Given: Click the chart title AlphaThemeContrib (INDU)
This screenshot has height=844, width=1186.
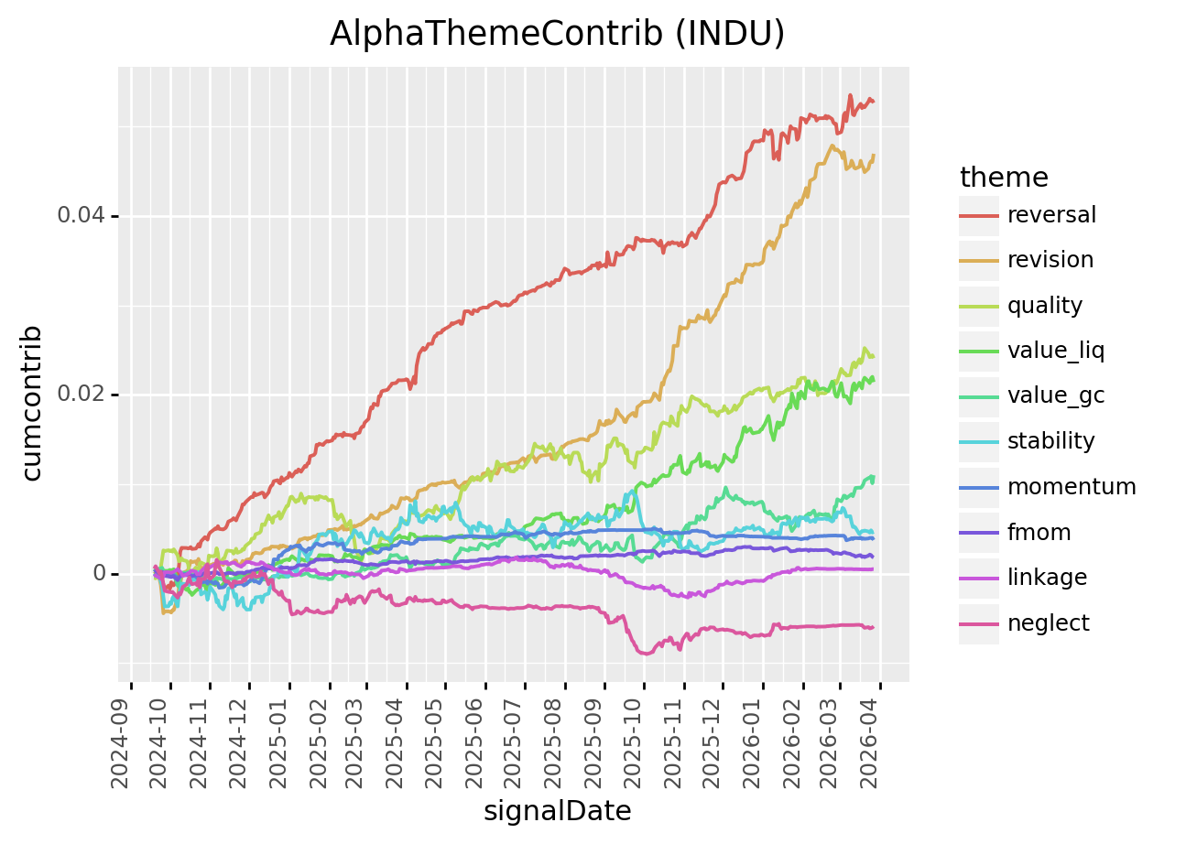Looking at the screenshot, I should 557,33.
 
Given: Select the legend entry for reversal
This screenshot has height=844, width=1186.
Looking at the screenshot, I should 1051,215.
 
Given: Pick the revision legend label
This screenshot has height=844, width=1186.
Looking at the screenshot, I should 1050,260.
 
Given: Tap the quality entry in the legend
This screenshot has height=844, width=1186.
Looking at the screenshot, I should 1045,306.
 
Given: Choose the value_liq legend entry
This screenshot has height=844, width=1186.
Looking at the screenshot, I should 1056,351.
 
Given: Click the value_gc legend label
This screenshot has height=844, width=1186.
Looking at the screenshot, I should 1056,395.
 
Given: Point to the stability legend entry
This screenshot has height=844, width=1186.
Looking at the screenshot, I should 1050,441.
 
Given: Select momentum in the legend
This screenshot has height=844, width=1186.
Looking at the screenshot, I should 1071,486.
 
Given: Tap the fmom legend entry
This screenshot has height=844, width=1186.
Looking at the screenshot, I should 1039,532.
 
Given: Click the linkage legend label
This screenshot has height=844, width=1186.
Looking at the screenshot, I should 1047,578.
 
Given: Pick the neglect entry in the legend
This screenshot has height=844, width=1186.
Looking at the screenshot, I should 1049,623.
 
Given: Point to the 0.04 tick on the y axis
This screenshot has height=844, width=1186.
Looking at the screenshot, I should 82,216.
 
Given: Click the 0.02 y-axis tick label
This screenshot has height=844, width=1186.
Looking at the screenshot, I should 82,395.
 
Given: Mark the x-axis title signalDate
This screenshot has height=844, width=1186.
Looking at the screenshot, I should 557,811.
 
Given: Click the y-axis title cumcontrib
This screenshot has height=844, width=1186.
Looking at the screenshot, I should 32,402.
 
